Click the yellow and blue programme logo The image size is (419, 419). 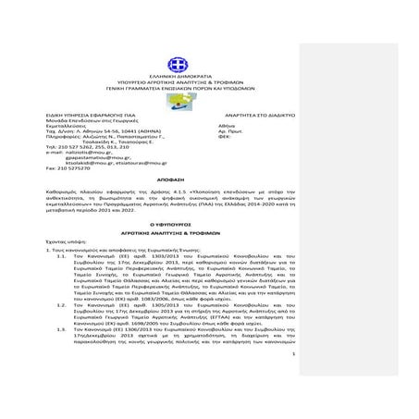tap(179, 100)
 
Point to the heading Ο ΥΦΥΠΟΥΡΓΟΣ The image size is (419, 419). tap(179, 224)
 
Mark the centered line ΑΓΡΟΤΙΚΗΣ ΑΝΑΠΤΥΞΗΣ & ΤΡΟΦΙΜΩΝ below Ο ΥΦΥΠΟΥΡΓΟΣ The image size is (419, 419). tap(179, 231)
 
